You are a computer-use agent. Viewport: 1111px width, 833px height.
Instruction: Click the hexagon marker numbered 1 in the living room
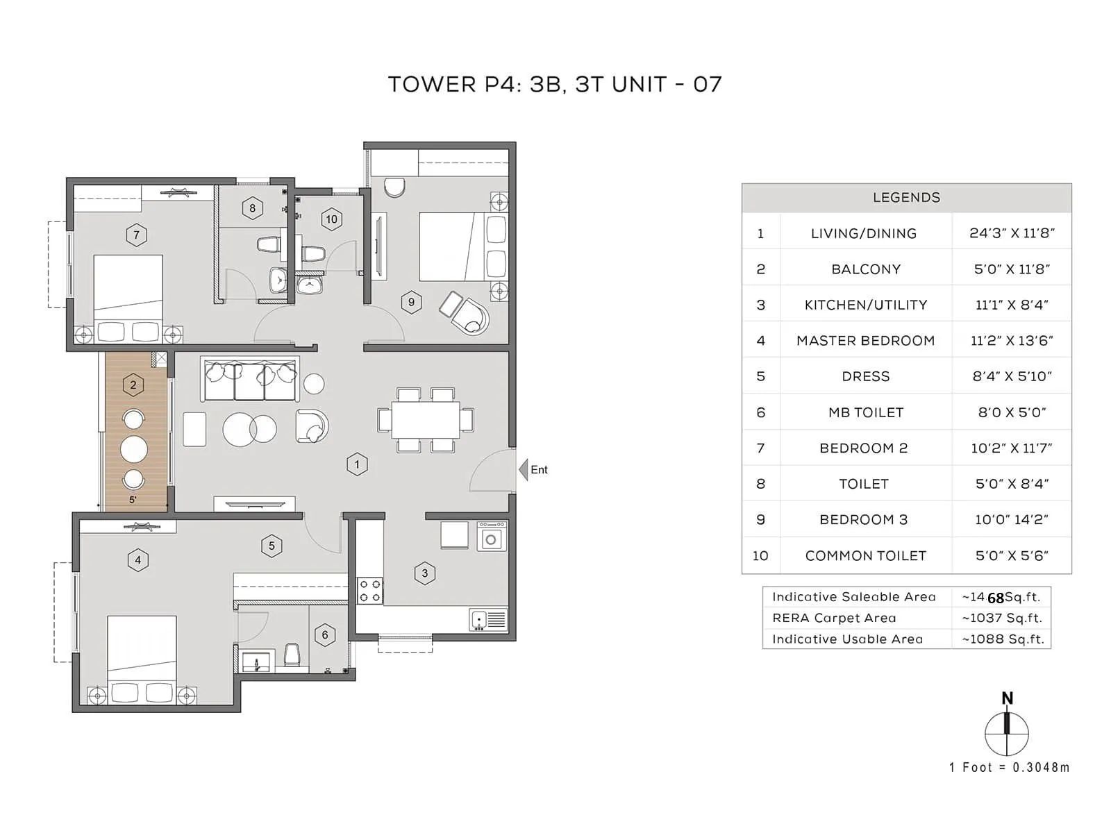click(x=357, y=464)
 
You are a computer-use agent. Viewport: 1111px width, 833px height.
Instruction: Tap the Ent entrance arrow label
click(x=538, y=470)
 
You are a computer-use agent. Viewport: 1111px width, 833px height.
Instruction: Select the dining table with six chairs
click(x=426, y=420)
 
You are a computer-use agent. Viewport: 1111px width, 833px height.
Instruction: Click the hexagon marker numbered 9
click(x=411, y=302)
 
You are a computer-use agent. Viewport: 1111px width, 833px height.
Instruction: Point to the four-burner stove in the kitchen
click(x=369, y=591)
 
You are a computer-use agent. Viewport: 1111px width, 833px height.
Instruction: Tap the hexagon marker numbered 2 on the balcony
click(x=133, y=385)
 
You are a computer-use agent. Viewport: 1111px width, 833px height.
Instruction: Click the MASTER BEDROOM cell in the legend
click(x=865, y=341)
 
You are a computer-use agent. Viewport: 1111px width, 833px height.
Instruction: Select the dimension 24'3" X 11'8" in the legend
click(x=1012, y=233)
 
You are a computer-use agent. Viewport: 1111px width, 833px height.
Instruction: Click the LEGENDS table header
click(x=906, y=198)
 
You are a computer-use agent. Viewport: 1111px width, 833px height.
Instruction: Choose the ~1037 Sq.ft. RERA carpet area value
click(x=1002, y=618)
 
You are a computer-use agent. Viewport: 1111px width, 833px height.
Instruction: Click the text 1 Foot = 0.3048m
click(x=1009, y=767)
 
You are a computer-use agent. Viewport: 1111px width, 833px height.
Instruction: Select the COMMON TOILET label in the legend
click(x=865, y=555)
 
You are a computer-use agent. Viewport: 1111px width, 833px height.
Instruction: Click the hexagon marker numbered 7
click(x=136, y=235)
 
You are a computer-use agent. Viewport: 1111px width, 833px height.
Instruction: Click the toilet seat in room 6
click(x=292, y=655)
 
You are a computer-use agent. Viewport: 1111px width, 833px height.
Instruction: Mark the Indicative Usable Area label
click(x=847, y=639)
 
